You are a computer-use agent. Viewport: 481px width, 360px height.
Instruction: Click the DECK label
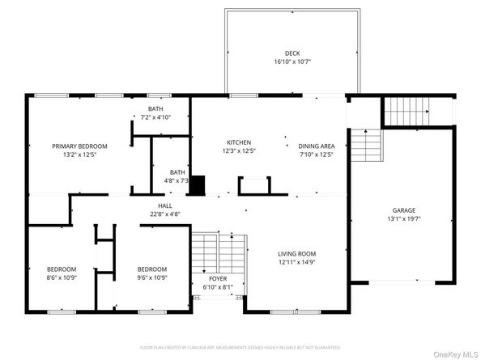coord(292,52)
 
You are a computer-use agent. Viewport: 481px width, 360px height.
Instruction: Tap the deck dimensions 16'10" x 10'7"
coord(292,61)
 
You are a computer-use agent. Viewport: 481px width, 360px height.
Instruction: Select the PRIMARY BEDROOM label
coord(79,146)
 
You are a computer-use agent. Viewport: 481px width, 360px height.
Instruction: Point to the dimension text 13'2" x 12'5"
coord(79,155)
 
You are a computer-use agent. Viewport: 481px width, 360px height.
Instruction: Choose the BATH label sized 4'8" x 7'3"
coord(177,172)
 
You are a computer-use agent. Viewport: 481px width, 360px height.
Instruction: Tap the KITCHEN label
coord(238,142)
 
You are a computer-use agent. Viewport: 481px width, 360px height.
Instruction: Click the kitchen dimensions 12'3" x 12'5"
coord(238,150)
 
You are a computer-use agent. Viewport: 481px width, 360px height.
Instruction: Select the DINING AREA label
coord(316,146)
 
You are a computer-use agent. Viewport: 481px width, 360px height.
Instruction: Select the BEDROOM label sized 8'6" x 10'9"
coord(61,269)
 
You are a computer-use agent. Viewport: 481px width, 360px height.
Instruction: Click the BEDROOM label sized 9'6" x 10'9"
coord(151,269)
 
